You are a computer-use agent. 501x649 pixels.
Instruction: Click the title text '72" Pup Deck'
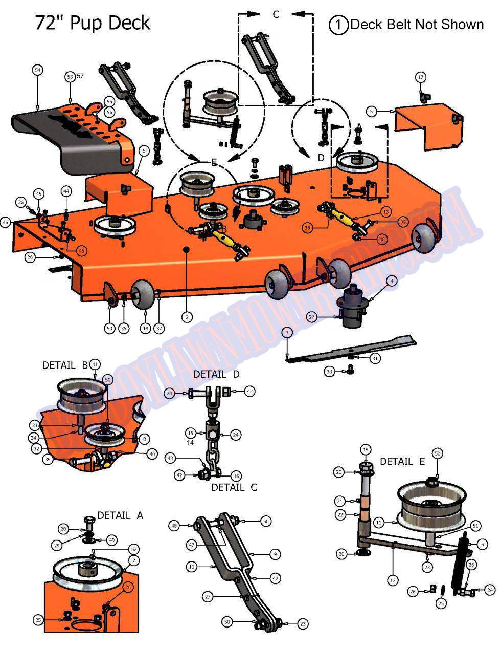(93, 23)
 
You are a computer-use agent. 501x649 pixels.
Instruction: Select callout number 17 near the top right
(421, 77)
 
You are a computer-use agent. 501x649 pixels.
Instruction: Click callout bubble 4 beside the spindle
(392, 280)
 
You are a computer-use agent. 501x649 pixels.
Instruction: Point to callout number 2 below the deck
(187, 317)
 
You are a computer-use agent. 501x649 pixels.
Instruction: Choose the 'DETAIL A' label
(120, 515)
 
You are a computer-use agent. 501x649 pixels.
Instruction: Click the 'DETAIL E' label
(402, 461)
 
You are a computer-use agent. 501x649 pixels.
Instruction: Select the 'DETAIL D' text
(216, 375)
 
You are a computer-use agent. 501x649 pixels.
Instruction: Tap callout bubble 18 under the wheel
(146, 328)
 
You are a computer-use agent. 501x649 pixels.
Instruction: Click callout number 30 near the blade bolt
(329, 371)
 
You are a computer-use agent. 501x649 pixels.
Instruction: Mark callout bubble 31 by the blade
(375, 358)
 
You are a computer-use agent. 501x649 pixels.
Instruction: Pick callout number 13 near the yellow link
(385, 212)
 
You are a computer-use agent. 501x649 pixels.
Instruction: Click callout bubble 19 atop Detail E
(365, 449)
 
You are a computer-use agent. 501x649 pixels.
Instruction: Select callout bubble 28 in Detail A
(63, 529)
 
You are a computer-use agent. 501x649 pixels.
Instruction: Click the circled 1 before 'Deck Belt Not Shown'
(339, 25)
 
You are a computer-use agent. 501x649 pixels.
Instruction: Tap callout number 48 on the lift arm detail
(174, 526)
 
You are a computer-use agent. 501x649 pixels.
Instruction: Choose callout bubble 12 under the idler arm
(393, 580)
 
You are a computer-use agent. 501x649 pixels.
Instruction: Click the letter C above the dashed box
(276, 14)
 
